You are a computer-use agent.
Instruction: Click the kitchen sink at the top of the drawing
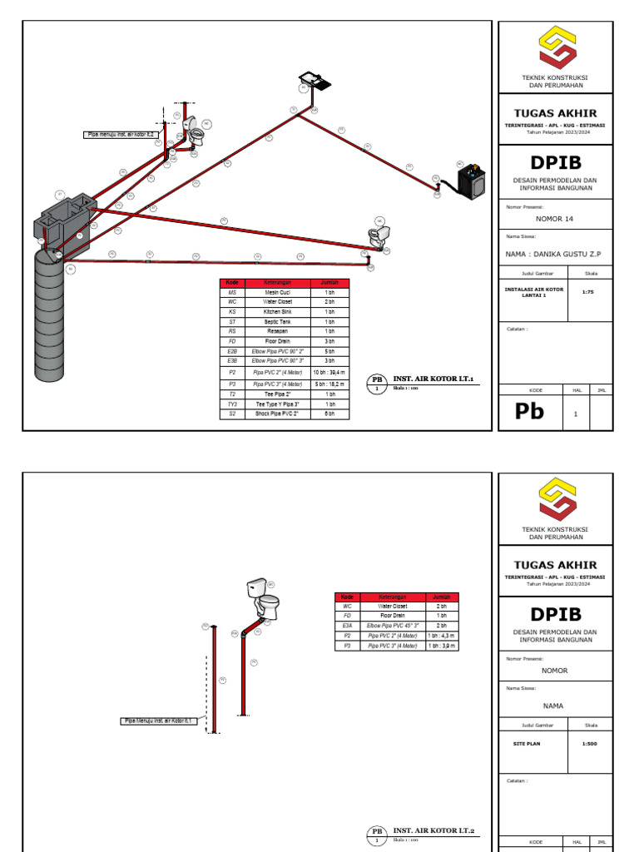pos(315,80)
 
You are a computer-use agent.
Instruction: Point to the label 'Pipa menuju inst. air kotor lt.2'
pos(120,134)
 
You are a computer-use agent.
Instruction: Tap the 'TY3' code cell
pos(233,404)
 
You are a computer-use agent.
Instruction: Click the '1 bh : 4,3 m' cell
pos(442,636)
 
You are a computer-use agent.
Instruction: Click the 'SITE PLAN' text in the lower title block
pos(527,744)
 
